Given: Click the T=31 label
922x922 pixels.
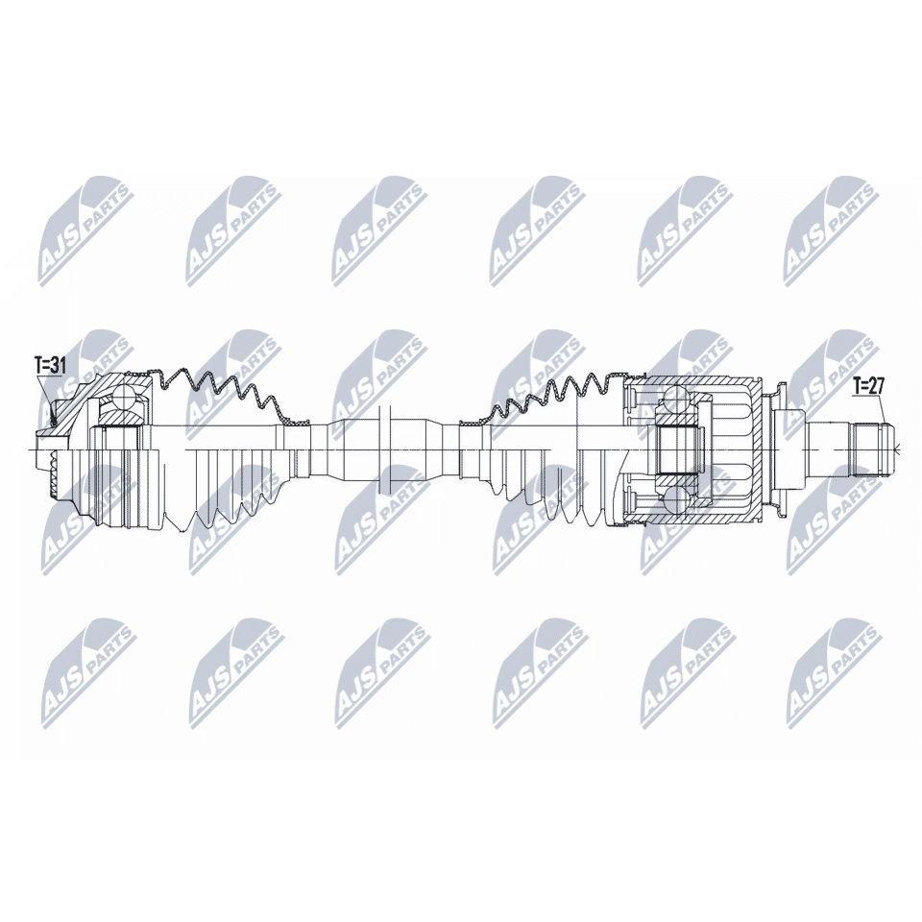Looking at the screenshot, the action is pyautogui.click(x=49, y=366).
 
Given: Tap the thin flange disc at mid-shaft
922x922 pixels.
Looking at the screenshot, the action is pyautogui.click(x=386, y=450).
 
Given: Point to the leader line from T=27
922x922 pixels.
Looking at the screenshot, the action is pyautogui.click(x=879, y=409).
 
